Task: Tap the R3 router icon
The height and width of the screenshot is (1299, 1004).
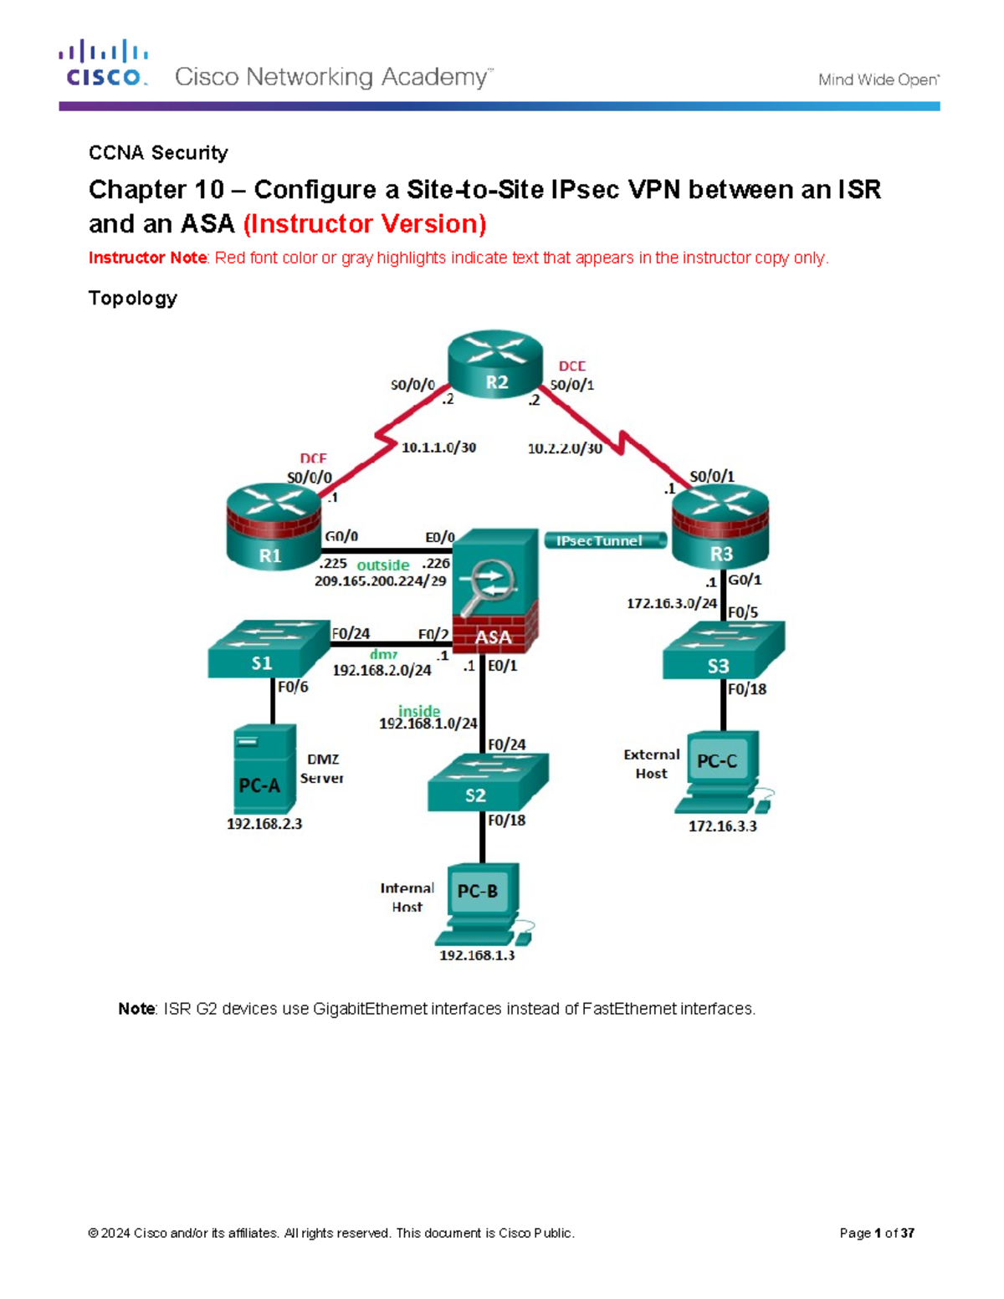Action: coord(720,527)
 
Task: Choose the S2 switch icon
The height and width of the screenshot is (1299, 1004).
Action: coord(487,782)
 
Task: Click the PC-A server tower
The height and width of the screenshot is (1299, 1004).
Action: coord(264,769)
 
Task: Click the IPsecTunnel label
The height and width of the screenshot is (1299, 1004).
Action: coord(600,541)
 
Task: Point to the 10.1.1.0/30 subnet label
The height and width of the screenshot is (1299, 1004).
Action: coord(438,447)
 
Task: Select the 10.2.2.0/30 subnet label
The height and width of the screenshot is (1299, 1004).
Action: coord(565,448)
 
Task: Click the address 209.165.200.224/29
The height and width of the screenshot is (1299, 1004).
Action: coord(380,580)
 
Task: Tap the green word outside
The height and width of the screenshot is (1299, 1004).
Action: coord(383,565)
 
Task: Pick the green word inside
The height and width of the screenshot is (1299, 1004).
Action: coord(419,711)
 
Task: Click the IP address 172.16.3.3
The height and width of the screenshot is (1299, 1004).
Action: coord(722,826)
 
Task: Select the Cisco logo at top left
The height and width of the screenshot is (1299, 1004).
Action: coord(104,64)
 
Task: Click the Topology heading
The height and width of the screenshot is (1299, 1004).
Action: coord(133,299)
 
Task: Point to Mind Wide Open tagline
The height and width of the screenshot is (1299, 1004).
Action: coord(878,80)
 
